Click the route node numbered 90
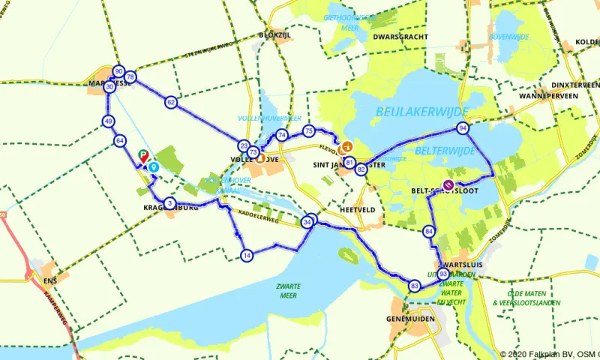(118, 71)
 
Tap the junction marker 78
(130, 77)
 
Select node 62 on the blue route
(172, 102)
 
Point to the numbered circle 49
(109, 121)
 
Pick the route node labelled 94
(463, 128)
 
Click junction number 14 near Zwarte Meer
(247, 256)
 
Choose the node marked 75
(308, 132)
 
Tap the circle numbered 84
(429, 231)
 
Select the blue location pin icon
(153, 167)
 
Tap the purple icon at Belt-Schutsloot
(448, 184)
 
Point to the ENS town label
(50, 280)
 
